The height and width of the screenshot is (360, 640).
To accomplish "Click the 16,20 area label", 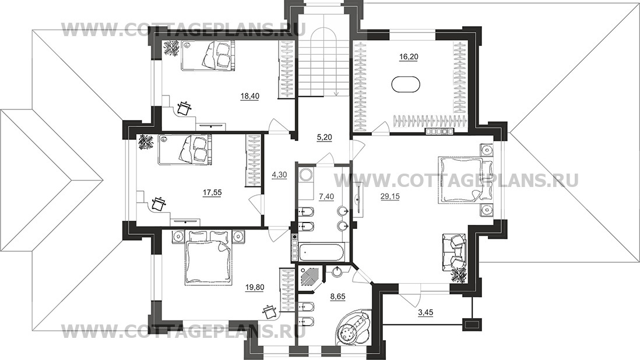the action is (408, 57).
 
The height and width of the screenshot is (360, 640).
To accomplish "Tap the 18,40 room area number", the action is (250, 96).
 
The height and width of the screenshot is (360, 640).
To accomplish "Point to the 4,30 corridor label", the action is (279, 175).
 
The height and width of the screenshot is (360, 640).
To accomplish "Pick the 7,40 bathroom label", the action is (326, 196).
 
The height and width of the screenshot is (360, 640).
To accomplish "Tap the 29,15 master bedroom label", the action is (390, 196).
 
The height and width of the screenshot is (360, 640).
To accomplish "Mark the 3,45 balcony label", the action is (426, 313).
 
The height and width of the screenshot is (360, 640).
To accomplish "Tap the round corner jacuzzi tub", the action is (353, 328).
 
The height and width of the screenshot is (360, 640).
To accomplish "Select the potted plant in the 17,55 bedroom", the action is (145, 142).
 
